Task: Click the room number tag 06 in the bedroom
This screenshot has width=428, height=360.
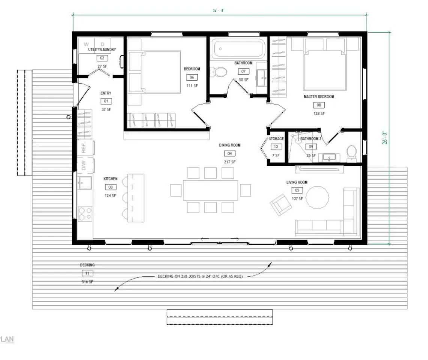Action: coord(191,78)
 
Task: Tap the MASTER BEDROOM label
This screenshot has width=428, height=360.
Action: coord(319,97)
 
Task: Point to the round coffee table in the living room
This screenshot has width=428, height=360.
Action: coord(317,197)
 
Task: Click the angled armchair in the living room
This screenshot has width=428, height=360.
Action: coord(280,204)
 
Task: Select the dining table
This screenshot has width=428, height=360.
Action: coord(210,190)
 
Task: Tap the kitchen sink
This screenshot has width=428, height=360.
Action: coord(84,183)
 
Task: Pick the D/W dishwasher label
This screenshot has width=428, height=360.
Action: coord(84,165)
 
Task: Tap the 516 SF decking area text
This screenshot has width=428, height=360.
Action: coord(87,282)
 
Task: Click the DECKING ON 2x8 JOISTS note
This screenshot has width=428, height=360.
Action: coord(200,277)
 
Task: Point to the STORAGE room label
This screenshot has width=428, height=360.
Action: coord(276,139)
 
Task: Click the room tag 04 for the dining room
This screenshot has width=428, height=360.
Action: coord(229,153)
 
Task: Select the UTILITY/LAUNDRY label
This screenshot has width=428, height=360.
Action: coord(102,49)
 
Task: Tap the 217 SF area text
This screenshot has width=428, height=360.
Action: coord(230,162)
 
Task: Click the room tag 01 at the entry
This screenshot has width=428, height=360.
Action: coord(106,101)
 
